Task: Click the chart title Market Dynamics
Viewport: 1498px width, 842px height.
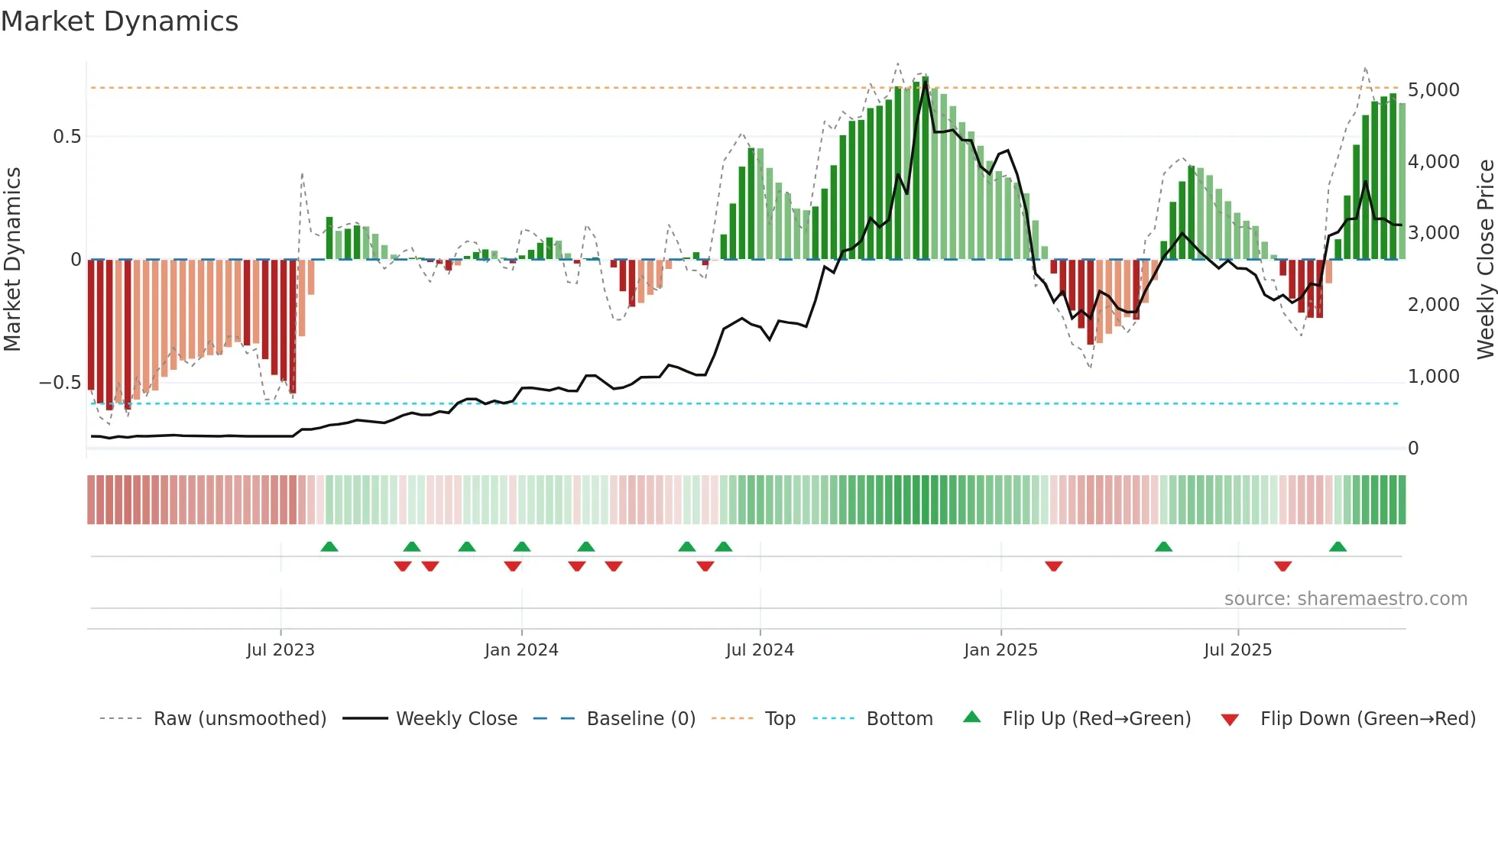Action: [119, 21]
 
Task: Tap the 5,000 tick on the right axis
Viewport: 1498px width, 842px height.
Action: [1433, 90]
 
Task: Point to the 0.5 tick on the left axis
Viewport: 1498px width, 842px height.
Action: [66, 137]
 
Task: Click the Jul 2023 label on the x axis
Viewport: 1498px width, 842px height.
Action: [280, 650]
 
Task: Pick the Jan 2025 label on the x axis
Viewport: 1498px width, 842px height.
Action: [1000, 650]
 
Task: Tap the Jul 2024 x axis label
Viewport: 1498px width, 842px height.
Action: [760, 650]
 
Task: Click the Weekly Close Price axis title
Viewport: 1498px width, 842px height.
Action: [1485, 260]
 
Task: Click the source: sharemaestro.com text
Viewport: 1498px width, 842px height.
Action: [1345, 599]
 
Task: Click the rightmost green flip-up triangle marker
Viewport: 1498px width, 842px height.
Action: [1337, 547]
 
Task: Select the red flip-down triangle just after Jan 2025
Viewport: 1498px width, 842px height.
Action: [1053, 566]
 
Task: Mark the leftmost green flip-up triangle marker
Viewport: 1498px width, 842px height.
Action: [329, 547]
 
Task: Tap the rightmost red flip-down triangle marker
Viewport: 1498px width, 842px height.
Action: [1282, 566]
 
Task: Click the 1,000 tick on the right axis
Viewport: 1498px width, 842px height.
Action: [1433, 377]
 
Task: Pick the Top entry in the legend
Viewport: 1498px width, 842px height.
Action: [780, 719]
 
